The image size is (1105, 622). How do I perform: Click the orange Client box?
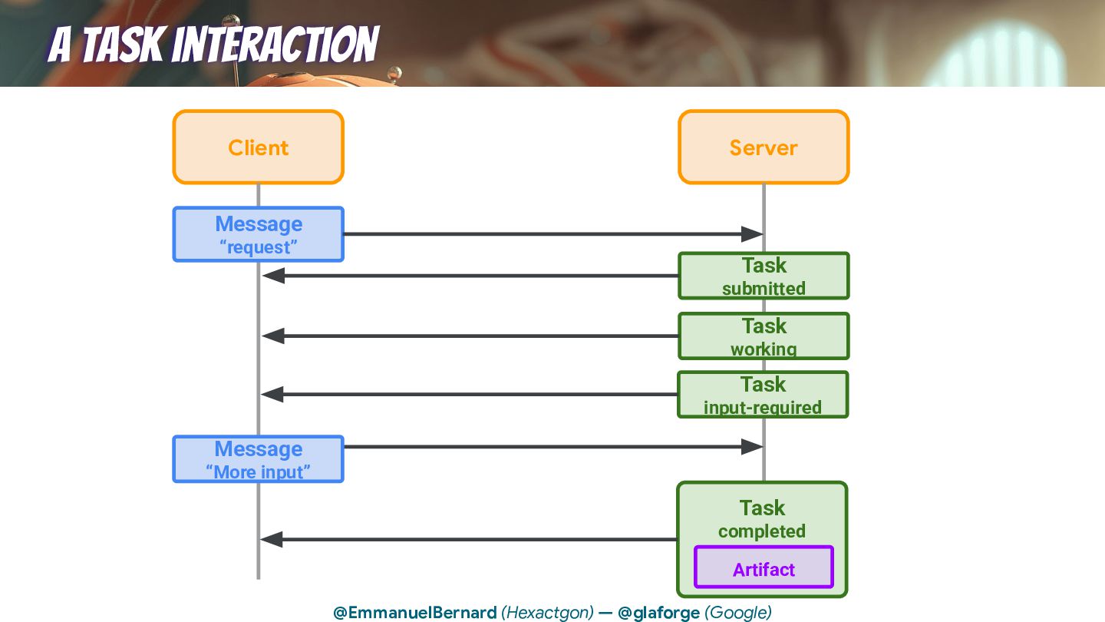pyautogui.click(x=258, y=147)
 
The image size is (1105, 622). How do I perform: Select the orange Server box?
pyautogui.click(x=764, y=147)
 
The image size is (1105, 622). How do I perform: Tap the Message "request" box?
pyautogui.click(x=258, y=234)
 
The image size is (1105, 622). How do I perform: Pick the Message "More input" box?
pyautogui.click(x=258, y=459)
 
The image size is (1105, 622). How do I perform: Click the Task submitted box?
pyautogui.click(x=764, y=276)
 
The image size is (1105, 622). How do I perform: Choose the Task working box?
pyautogui.click(x=764, y=336)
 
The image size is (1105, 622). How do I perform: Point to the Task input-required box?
pyautogui.click(x=763, y=395)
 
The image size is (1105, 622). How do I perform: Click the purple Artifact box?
pyautogui.click(x=764, y=568)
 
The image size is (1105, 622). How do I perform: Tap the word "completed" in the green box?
pyautogui.click(x=761, y=531)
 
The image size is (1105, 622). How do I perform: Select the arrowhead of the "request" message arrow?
pyautogui.click(x=752, y=234)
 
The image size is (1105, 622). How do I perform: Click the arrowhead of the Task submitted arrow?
pyautogui.click(x=273, y=276)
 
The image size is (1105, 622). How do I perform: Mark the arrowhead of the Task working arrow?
pyautogui.click(x=273, y=336)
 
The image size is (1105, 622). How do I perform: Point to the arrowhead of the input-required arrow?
pyautogui.click(x=273, y=395)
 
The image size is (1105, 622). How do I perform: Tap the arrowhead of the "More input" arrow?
pyautogui.click(x=752, y=447)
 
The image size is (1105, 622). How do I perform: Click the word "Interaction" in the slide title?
pyautogui.click(x=275, y=45)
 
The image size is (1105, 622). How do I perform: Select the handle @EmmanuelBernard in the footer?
pyautogui.click(x=414, y=613)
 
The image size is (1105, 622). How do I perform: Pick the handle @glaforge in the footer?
pyautogui.click(x=658, y=613)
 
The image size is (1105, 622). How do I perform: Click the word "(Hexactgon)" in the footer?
pyautogui.click(x=547, y=613)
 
